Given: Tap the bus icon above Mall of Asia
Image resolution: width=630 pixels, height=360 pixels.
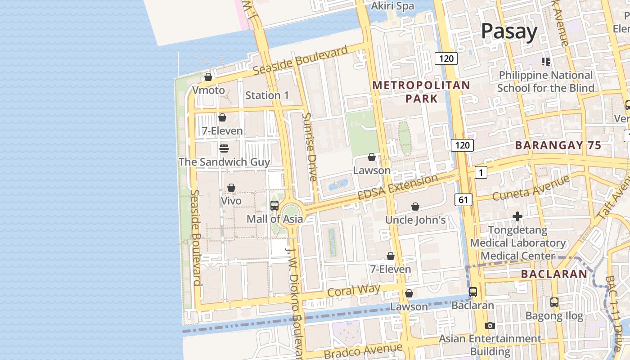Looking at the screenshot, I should click(x=274, y=206).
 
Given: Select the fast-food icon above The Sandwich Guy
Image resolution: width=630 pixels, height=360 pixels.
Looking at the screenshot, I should click(x=224, y=148).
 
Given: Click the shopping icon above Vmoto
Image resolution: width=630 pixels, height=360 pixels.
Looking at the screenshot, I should click(x=208, y=77).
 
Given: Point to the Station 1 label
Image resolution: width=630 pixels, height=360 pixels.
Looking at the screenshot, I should click(x=267, y=95).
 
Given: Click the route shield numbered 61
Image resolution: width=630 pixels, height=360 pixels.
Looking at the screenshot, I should click(x=463, y=199).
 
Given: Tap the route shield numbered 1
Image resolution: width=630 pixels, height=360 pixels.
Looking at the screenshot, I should click(x=481, y=172).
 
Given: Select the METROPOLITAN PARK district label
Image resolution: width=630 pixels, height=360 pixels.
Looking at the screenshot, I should click(x=421, y=92).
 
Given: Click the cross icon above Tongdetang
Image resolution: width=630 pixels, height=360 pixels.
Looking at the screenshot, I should click(x=517, y=217).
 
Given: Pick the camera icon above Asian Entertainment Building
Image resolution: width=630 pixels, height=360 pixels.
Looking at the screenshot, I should click(x=490, y=325).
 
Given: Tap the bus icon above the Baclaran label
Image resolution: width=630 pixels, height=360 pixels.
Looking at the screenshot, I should click(x=472, y=292).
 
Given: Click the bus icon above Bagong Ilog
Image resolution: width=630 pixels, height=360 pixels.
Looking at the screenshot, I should click(x=554, y=302).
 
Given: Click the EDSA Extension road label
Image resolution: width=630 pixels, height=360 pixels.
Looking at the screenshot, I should click(x=397, y=187).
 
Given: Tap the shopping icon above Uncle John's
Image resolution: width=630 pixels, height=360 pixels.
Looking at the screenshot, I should click(x=415, y=207).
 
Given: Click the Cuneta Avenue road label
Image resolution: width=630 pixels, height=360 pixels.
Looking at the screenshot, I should click(x=531, y=189).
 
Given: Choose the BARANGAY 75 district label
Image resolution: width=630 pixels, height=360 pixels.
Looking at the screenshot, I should click(x=558, y=145).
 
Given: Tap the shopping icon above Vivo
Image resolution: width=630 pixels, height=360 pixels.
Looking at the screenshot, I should click(x=231, y=187).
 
